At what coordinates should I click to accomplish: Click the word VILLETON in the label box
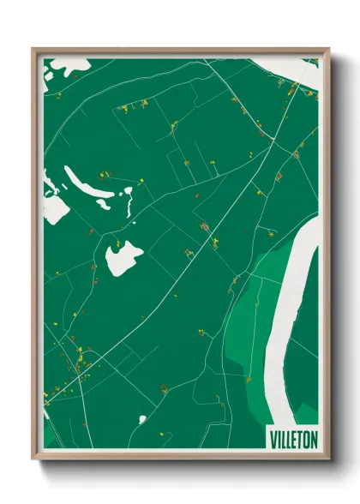click(293, 438)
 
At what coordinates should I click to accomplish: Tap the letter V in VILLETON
click(273, 438)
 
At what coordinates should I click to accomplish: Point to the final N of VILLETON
click(314, 438)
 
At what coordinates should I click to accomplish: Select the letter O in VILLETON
click(307, 438)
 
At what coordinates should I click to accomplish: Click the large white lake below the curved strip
click(122, 257)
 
